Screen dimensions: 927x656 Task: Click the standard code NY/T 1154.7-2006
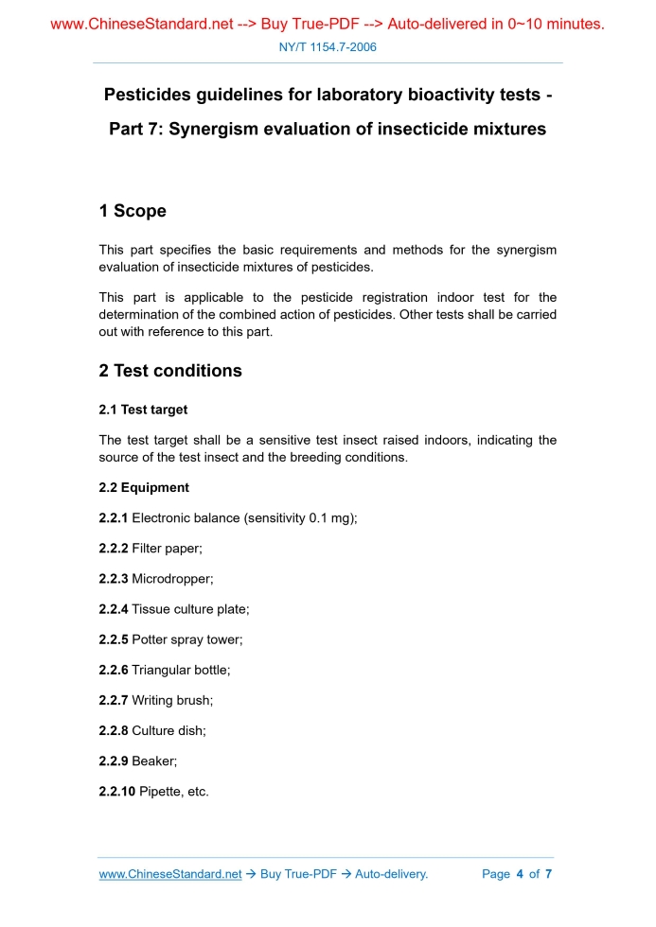pyautogui.click(x=328, y=46)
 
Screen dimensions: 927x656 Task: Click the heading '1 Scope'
pyautogui.click(x=133, y=211)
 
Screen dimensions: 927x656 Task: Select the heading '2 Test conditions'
pyautogui.click(x=170, y=371)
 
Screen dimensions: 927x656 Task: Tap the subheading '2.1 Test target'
pyautogui.click(x=143, y=410)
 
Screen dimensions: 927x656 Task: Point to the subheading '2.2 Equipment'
pyautogui.click(x=144, y=487)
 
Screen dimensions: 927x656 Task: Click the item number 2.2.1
pyautogui.click(x=114, y=517)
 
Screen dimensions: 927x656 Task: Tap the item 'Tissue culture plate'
pyautogui.click(x=190, y=609)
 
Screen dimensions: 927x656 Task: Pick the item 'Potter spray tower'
pyautogui.click(x=186, y=639)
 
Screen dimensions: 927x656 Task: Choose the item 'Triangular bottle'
pyautogui.click(x=181, y=670)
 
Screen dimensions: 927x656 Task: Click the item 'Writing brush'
pyautogui.click(x=172, y=700)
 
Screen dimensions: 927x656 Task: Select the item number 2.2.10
pyautogui.click(x=117, y=791)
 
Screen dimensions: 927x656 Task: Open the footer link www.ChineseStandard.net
pyautogui.click(x=170, y=874)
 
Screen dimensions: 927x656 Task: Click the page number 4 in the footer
pyautogui.click(x=520, y=874)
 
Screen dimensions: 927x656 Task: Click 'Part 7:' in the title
pyautogui.click(x=136, y=129)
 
